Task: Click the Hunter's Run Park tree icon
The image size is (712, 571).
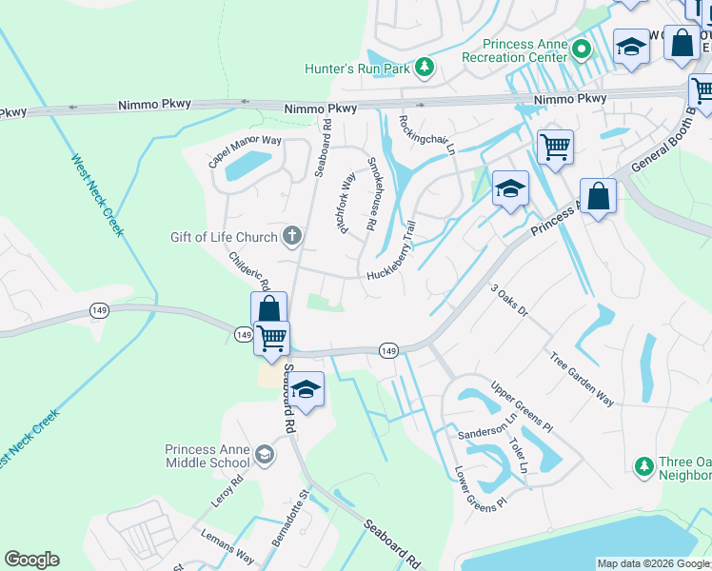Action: (424, 68)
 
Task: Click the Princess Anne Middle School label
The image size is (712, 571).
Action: (207, 457)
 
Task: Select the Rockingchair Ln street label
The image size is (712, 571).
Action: (426, 134)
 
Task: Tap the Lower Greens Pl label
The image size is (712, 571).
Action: (481, 487)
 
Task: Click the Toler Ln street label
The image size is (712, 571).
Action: (518, 456)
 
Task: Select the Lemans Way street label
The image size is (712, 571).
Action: (227, 545)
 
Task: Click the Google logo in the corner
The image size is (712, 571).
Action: (31, 560)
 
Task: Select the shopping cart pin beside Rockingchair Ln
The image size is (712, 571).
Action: (555, 147)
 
